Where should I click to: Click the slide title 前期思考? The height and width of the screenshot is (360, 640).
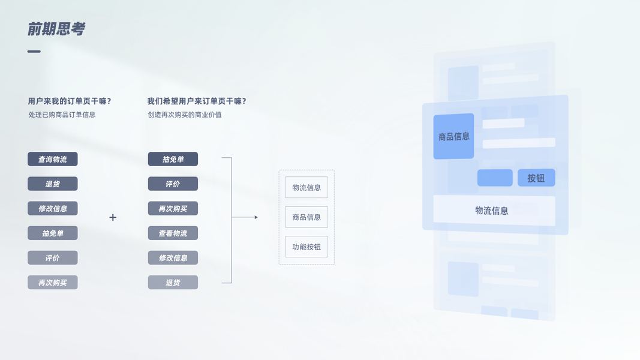pyautogui.click(x=56, y=29)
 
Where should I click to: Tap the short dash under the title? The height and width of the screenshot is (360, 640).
pyautogui.click(x=34, y=52)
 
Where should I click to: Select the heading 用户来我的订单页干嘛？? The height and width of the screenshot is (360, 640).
pyautogui.click(x=70, y=101)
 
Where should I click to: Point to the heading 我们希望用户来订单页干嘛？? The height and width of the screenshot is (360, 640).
pyautogui.click(x=197, y=101)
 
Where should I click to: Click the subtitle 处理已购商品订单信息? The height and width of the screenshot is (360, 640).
pyautogui.click(x=62, y=115)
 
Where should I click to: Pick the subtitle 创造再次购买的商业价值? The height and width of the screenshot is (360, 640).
pyautogui.click(x=185, y=115)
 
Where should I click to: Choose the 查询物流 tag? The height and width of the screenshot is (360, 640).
pyautogui.click(x=53, y=159)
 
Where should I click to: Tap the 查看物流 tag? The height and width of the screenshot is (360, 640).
pyautogui.click(x=173, y=233)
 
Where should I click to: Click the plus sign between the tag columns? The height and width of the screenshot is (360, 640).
pyautogui.click(x=113, y=217)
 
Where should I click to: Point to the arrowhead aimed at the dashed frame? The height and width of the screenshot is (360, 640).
pyautogui.click(x=256, y=217)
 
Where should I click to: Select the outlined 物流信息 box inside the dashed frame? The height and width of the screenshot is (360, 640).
pyautogui.click(x=307, y=187)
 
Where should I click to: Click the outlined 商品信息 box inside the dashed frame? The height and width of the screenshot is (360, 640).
pyautogui.click(x=307, y=217)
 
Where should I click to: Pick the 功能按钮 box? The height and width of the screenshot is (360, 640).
pyautogui.click(x=307, y=247)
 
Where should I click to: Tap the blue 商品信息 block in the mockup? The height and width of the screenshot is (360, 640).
pyautogui.click(x=453, y=136)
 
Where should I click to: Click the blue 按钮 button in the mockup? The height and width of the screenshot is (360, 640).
pyautogui.click(x=536, y=178)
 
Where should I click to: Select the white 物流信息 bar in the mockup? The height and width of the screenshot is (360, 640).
pyautogui.click(x=494, y=211)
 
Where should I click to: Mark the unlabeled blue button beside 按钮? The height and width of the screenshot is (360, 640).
pyautogui.click(x=495, y=178)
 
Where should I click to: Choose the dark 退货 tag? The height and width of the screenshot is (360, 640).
pyautogui.click(x=53, y=184)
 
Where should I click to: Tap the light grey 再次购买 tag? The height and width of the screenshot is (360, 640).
pyautogui.click(x=53, y=282)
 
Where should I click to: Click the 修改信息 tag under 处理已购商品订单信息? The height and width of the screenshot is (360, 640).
pyautogui.click(x=53, y=208)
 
